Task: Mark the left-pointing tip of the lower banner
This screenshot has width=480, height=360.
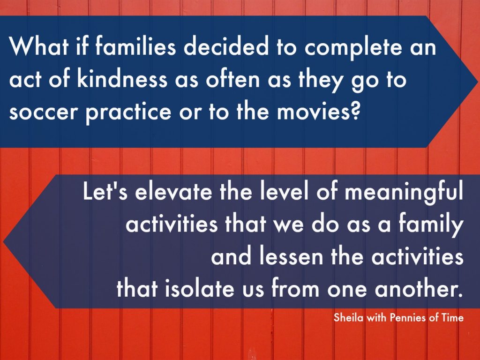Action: pyautogui.click(x=3, y=241)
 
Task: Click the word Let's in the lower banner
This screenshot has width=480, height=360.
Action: pyautogui.click(x=105, y=191)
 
